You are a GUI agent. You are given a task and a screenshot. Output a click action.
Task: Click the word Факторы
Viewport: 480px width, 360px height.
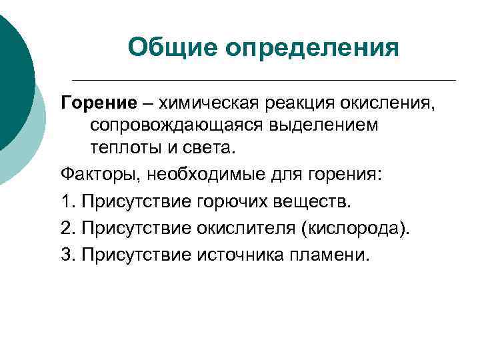99,174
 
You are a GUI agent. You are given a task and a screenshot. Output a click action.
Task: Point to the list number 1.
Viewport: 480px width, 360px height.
67,201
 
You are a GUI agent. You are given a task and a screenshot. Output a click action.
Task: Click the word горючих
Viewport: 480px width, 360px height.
227,201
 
